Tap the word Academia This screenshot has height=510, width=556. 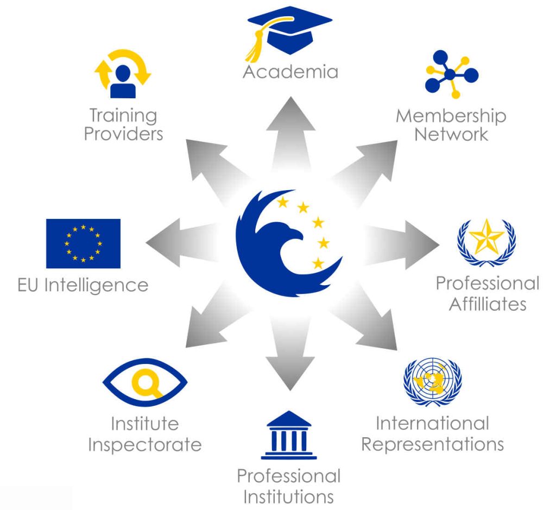pyautogui.click(x=290, y=72)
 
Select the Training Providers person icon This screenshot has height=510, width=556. pyautogui.click(x=123, y=74)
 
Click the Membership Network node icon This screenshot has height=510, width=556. pyautogui.click(x=451, y=74)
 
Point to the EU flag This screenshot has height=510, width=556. pyautogui.click(x=83, y=244)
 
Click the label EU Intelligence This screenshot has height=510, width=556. pyautogui.click(x=83, y=286)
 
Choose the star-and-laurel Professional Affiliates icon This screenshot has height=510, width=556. pyautogui.click(x=486, y=243)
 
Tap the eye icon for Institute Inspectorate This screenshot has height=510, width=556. pyautogui.click(x=144, y=382)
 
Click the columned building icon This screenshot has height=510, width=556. pyautogui.click(x=289, y=435)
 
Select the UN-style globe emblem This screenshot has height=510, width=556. pyautogui.click(x=433, y=382)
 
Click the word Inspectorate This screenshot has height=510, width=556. pyautogui.click(x=144, y=445)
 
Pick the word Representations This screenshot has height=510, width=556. pyautogui.click(x=433, y=444)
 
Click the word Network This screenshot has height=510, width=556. pyautogui.click(x=451, y=134)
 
